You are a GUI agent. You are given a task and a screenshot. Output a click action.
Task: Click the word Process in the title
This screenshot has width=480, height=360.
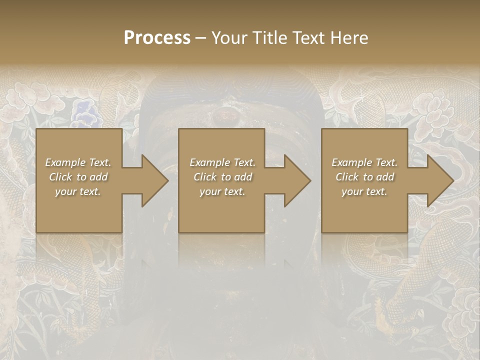coord(157,38)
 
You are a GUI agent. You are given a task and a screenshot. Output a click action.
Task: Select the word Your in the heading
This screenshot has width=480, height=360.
coord(230,38)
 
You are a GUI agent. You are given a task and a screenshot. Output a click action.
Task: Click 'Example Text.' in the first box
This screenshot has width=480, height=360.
coord(78,162)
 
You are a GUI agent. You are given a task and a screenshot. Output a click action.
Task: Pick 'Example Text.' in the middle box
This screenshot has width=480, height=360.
coord(222,162)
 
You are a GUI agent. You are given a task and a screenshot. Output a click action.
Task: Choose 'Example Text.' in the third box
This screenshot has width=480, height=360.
coord(364,162)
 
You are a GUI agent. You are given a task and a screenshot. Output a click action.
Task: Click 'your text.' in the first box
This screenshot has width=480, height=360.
coord(78,191)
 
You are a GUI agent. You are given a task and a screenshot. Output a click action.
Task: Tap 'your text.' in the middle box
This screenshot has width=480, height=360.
coord(222,191)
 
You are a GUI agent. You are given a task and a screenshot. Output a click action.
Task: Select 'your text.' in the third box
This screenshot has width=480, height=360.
coord(364,191)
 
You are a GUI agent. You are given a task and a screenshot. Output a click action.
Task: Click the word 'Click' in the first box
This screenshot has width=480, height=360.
coord(60,177)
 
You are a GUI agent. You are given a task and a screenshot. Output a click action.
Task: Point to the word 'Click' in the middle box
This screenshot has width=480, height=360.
coord(205,177)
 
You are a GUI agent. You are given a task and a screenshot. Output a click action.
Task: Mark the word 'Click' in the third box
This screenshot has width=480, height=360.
coord(347,177)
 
